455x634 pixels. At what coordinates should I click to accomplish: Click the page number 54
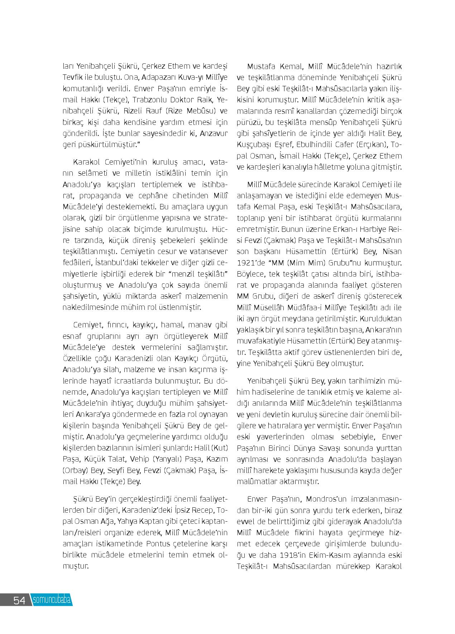(19, 600)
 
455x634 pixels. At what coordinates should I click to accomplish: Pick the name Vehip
(136, 459)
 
